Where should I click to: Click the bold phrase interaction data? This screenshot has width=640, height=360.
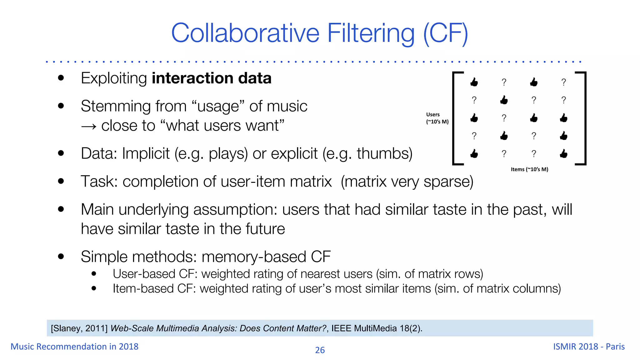pos(212,78)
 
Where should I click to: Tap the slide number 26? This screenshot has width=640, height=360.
pos(320,350)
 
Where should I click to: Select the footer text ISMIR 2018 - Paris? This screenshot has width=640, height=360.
pos(589,346)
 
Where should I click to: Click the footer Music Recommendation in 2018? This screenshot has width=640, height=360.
pos(74,346)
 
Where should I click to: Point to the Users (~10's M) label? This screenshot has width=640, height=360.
pos(437,118)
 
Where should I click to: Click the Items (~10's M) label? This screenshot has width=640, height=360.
pos(529,169)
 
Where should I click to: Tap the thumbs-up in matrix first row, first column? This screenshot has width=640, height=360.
pos(474,82)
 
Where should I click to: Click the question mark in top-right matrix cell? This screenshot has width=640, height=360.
pos(563,82)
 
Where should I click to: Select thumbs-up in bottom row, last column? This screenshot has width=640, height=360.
pos(563,154)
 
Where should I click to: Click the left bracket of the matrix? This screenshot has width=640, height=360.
pos(455,118)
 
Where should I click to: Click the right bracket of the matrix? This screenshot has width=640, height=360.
pos(584,118)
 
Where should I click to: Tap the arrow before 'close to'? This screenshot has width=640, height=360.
pos(88,126)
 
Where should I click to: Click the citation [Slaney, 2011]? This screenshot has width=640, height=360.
pos(79,328)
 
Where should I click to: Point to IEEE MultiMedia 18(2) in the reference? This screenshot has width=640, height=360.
pos(376,328)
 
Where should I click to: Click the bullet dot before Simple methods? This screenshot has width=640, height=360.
pos(61,257)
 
